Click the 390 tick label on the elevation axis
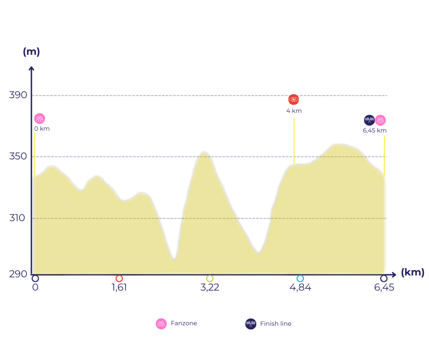(18, 95)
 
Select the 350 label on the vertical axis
(18, 156)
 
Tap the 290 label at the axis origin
(18, 274)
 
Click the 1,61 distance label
(119, 288)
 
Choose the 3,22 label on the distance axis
(209, 288)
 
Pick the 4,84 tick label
(300, 288)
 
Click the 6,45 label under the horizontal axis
(384, 288)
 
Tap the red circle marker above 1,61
(119, 278)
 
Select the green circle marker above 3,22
(209, 278)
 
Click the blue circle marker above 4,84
(300, 278)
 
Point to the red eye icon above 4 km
(293, 100)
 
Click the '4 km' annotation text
(294, 111)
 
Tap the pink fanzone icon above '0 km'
(40, 119)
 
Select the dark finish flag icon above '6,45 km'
(369, 120)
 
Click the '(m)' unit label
(31, 52)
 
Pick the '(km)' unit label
(413, 273)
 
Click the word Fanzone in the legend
(184, 323)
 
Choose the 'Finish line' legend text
(276, 323)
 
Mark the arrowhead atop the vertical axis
(31, 69)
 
